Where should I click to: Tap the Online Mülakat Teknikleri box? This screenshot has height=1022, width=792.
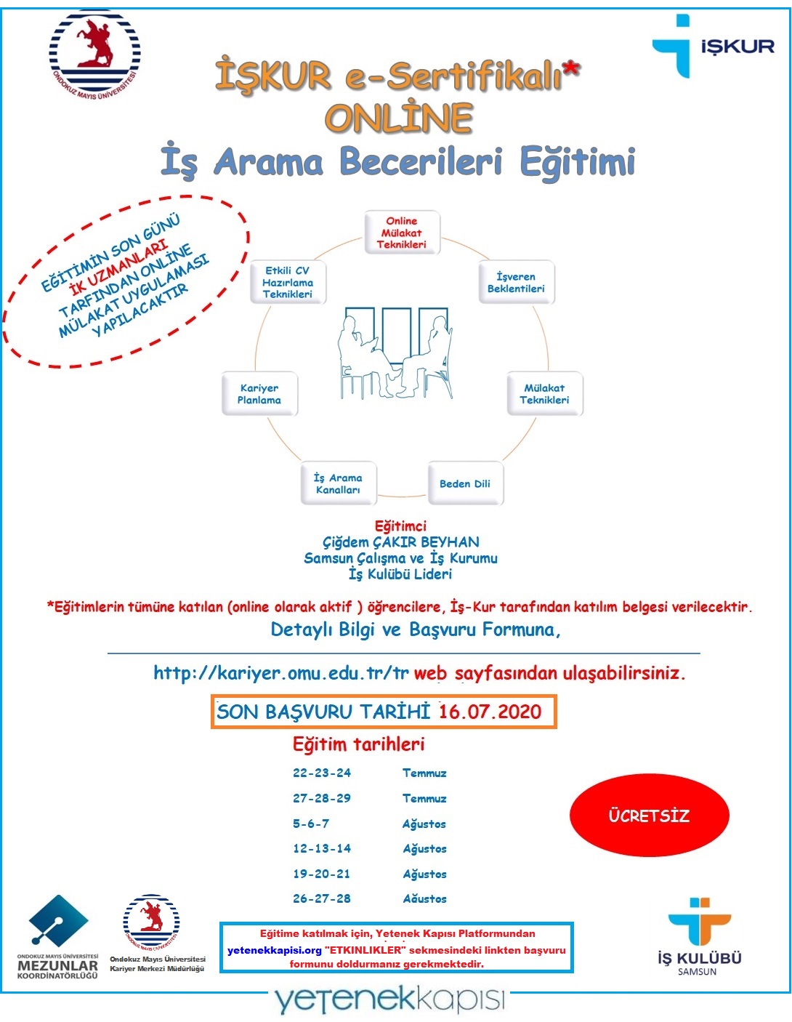tap(402, 233)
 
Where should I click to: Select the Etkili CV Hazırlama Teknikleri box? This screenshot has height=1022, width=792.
tap(288, 282)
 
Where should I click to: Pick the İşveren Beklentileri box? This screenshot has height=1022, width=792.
tap(516, 282)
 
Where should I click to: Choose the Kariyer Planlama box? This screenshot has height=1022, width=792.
tap(259, 394)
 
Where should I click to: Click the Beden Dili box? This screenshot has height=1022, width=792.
tap(465, 483)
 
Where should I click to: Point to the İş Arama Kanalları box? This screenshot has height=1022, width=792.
tap(338, 483)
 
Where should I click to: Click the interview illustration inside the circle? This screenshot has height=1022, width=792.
tap(395, 353)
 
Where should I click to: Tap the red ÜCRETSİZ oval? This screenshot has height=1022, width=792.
tap(649, 816)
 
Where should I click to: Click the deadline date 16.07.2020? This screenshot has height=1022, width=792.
tap(490, 712)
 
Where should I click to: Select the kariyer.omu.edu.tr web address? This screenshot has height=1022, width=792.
tap(280, 673)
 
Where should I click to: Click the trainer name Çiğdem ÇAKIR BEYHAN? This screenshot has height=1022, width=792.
tap(401, 542)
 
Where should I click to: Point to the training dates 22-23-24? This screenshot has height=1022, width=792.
tap(322, 773)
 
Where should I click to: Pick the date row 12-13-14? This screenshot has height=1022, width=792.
tap(322, 848)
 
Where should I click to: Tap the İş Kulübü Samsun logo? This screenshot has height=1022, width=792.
tap(699, 937)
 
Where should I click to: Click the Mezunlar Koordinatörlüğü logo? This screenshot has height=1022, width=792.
tap(58, 938)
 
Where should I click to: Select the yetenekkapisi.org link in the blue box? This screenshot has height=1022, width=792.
tap(274, 950)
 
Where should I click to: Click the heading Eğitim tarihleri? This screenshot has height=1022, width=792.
tap(358, 744)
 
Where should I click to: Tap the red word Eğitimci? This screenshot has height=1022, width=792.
tap(400, 526)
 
